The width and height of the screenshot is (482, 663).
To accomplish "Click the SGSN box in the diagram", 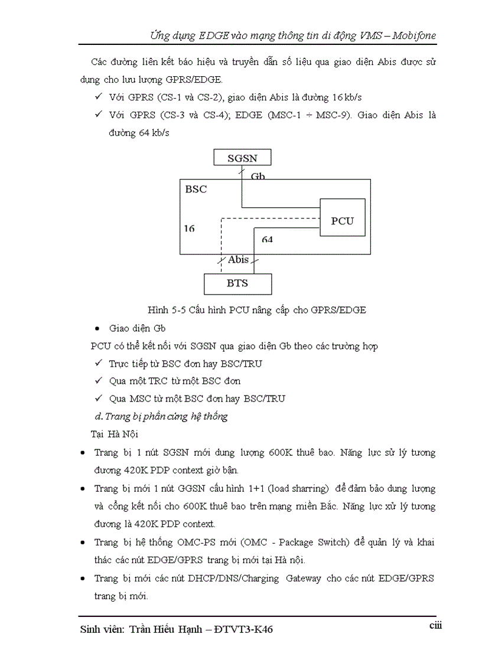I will pos(242,158).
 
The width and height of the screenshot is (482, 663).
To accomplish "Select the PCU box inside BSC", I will pos(342,220).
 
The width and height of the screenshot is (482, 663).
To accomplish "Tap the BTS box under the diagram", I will pos(237,283).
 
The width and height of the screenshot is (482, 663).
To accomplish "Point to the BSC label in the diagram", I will pos(196,190).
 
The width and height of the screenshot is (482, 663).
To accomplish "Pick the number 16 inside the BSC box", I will pos(189,228).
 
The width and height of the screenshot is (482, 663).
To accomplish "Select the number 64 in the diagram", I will pos(267,240).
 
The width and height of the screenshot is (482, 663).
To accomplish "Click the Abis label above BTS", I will pos(238,260).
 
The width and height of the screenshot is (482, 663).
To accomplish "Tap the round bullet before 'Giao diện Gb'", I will pos(97,328).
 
